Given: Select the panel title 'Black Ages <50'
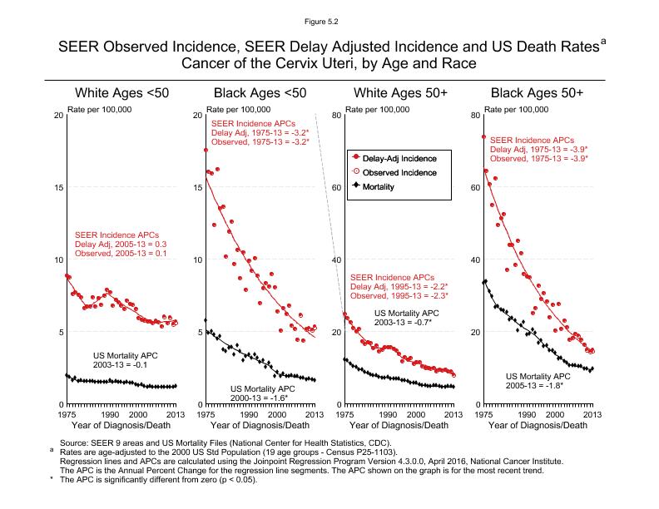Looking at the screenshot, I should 260,92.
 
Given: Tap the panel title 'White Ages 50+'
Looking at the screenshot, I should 399,92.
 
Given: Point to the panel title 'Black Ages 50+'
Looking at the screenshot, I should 537,92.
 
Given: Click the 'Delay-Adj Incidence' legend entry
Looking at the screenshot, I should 396,157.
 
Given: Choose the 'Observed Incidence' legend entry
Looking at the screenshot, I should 396,172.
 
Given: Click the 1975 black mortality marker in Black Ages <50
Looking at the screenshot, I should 206,320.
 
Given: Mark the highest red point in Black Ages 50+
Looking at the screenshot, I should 483,137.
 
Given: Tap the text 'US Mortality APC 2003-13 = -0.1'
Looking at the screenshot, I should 125,359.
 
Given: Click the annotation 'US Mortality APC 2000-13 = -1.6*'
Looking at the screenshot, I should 262,393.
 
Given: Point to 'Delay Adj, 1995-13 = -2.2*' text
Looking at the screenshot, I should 399,286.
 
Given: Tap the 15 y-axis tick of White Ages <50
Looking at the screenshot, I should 58,187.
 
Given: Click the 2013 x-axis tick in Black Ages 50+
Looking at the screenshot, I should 592,413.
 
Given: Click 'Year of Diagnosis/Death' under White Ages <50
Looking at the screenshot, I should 121,425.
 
